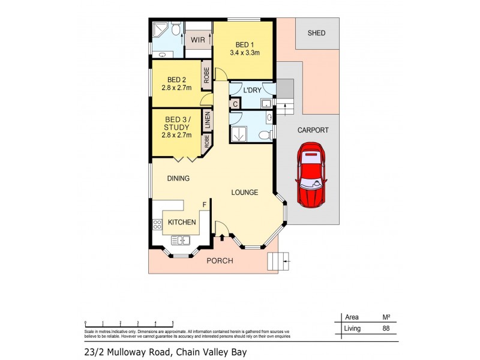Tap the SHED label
tap(316, 33)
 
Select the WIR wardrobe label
tap(198, 40)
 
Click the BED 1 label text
tap(243, 45)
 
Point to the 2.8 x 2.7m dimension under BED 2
tap(176, 88)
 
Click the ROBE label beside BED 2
tap(205, 74)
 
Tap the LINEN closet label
tap(208, 120)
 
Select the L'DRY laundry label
tap(251, 90)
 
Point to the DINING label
tap(179, 178)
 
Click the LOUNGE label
tap(245, 193)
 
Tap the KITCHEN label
tap(182, 222)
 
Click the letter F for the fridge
tap(205, 205)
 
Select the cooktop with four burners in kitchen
tap(158, 225)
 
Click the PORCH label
tap(220, 261)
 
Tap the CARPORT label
tap(313, 130)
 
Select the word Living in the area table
tap(352, 328)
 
